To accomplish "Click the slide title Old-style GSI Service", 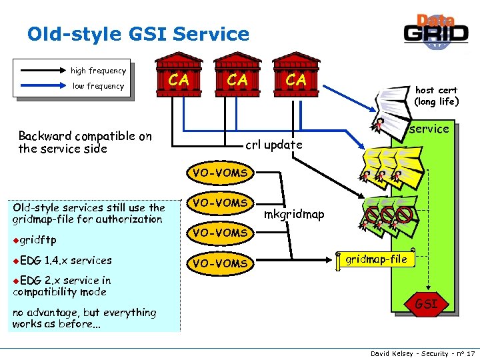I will (138, 34).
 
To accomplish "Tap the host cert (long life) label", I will (436, 96).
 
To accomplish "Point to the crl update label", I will (274, 145).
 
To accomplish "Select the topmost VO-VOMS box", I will (220, 173).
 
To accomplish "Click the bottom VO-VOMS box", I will (220, 263).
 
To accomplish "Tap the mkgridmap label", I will (294, 214).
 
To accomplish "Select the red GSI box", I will (426, 304).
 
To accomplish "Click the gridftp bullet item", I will (37, 240).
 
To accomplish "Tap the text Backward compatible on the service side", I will (85, 142).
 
